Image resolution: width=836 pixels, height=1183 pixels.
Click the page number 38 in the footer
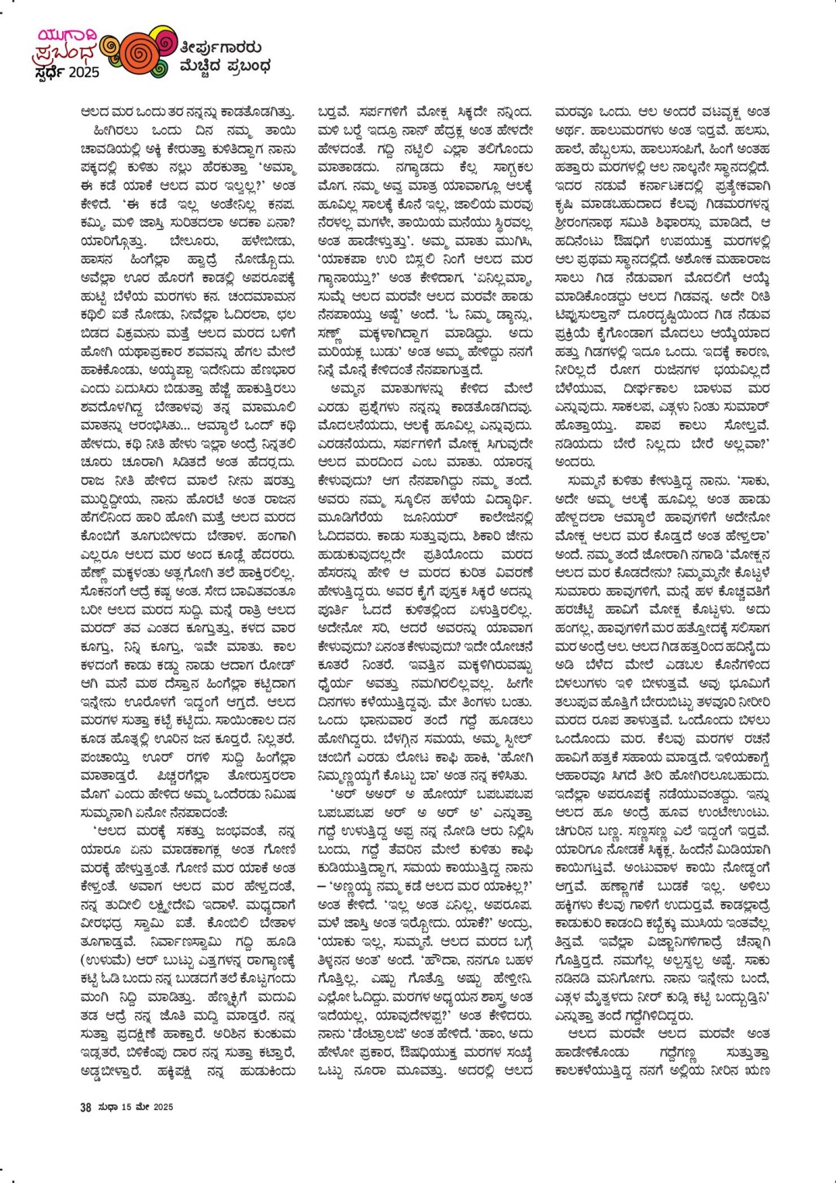click(86, 1107)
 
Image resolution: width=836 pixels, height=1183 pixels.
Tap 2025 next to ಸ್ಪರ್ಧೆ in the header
click(83, 73)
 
